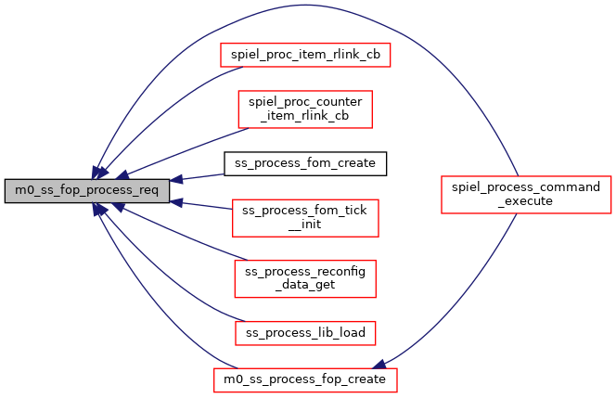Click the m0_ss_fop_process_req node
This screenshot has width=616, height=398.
(86, 191)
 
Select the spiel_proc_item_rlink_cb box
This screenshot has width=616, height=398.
(304, 55)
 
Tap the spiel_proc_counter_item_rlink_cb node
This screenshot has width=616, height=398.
(304, 109)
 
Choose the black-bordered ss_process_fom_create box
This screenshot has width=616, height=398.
(304, 163)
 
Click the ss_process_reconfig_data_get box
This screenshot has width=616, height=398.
(304, 277)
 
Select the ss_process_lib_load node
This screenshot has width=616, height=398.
(304, 331)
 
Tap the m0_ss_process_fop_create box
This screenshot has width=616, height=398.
(304, 379)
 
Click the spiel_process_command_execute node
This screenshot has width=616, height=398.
(526, 194)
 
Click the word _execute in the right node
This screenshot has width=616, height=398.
(526, 201)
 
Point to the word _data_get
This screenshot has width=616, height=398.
(304, 285)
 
